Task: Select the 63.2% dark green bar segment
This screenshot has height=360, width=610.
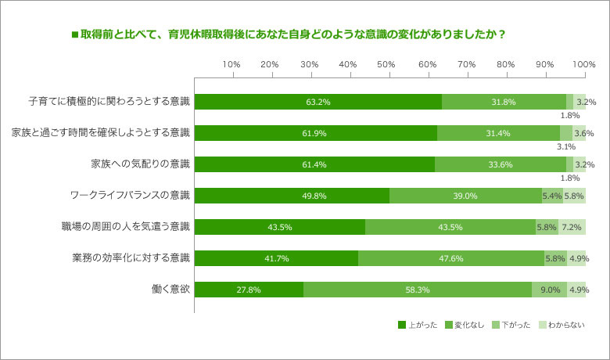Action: [318, 102]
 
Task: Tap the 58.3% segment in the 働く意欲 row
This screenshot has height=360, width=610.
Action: [417, 290]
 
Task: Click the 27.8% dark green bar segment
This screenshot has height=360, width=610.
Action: [249, 290]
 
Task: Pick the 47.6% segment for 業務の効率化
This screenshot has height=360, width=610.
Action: [451, 258]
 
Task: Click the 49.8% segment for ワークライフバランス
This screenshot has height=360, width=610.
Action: [292, 196]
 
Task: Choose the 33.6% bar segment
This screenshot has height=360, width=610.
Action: [501, 164]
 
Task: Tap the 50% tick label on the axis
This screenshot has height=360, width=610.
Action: [388, 63]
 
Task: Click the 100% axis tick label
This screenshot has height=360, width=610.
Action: [583, 63]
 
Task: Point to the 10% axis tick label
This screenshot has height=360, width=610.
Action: [231, 63]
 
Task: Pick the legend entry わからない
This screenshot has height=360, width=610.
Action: [561, 324]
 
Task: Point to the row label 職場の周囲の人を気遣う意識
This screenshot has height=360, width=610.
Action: [125, 227]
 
